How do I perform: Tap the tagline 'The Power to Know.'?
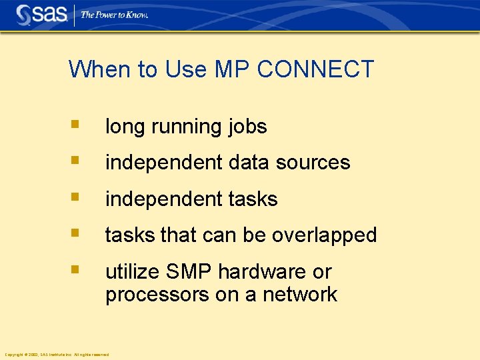coord(115,15)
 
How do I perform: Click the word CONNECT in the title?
coord(315,69)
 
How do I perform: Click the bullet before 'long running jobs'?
coord(76,124)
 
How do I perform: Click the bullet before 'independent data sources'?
coord(76,161)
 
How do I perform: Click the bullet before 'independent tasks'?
coord(76,197)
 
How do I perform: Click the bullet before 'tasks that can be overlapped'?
coord(76,233)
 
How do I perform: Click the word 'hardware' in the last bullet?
coord(265,272)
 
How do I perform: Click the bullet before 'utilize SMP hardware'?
coord(76,270)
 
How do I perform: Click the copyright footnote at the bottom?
coord(57,355)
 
